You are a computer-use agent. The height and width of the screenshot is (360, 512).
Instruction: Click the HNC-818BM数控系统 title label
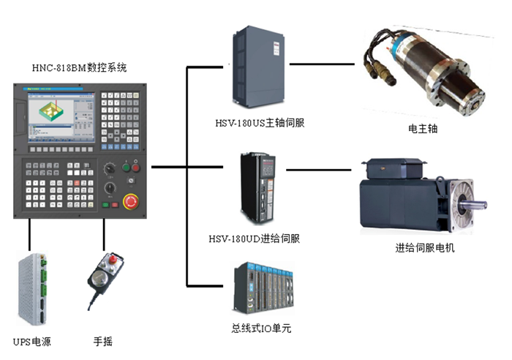pyautogui.click(x=80, y=68)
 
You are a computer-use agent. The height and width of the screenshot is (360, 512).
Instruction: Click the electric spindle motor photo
pyautogui.click(x=423, y=70)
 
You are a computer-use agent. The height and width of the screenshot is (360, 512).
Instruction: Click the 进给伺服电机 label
pyautogui.click(x=424, y=248)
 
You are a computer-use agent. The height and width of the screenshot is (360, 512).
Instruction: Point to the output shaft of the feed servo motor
pyautogui.click(x=480, y=203)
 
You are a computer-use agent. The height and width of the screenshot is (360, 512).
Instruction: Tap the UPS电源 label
pyautogui.click(x=32, y=342)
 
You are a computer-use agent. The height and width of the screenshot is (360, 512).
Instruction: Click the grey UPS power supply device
pyautogui.click(x=33, y=288)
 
